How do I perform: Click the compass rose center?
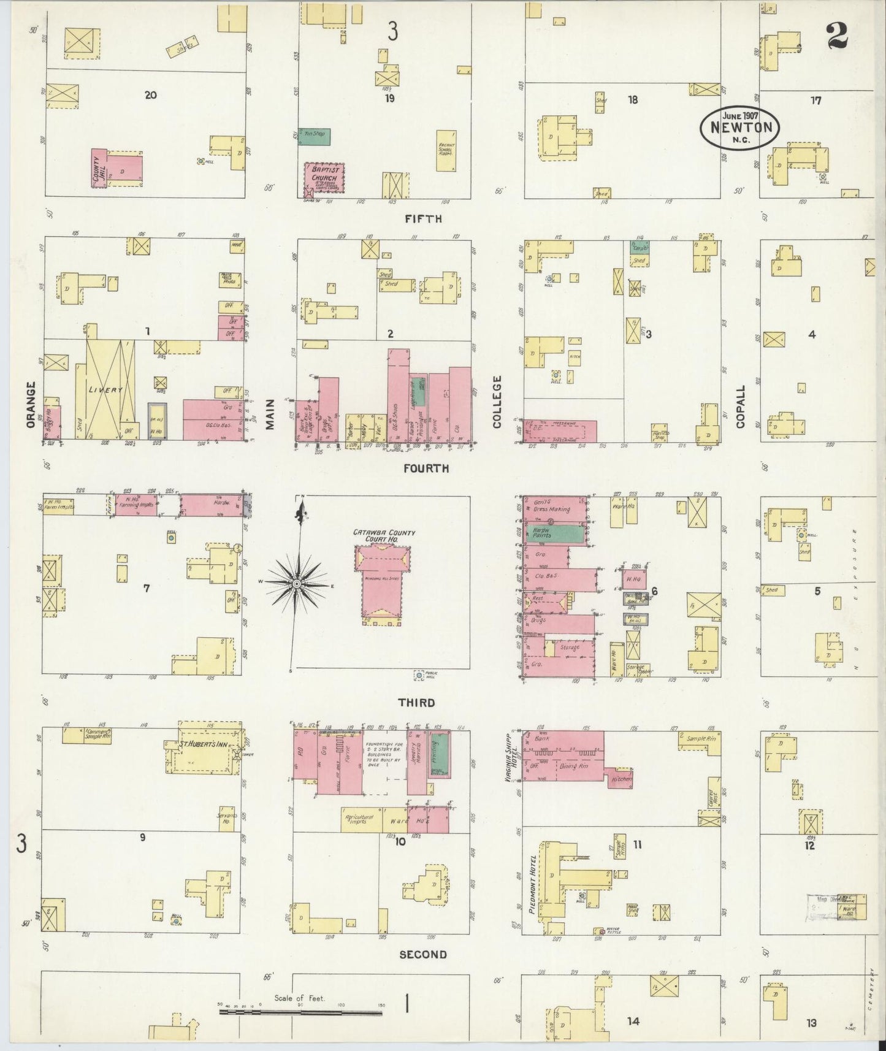click(x=297, y=584)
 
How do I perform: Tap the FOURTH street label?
click(x=426, y=468)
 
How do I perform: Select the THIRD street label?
click(x=417, y=703)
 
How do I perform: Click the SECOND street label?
click(x=423, y=955)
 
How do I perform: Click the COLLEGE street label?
click(x=497, y=402)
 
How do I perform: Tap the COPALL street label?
click(x=741, y=406)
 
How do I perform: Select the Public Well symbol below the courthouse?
click(x=419, y=675)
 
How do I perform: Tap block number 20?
click(x=150, y=95)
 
